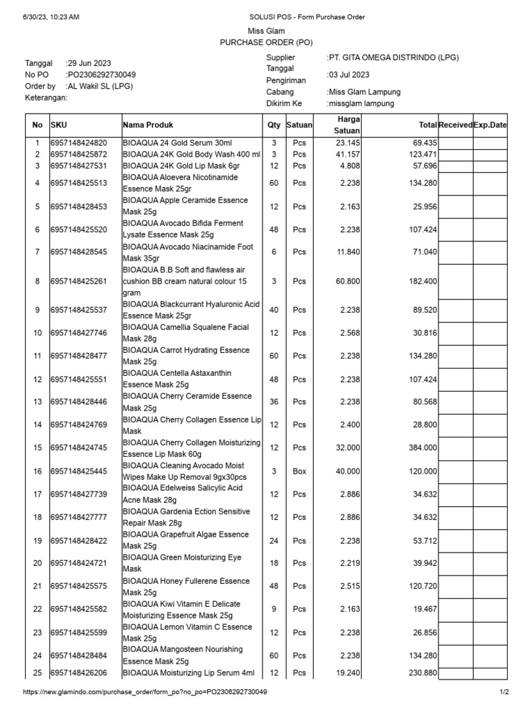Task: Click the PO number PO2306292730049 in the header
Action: click(101, 75)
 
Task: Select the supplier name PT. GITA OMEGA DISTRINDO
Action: click(393, 58)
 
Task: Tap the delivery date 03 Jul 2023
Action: click(349, 75)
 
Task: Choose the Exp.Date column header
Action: click(490, 125)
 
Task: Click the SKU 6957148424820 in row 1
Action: click(79, 142)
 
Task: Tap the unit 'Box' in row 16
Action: click(299, 471)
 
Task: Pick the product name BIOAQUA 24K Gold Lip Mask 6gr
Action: click(181, 166)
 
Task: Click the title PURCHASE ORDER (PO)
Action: click(266, 42)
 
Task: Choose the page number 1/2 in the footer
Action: click(504, 692)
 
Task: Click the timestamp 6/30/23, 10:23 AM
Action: click(51, 16)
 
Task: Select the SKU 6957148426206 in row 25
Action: click(79, 673)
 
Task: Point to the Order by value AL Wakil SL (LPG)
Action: click(100, 87)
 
